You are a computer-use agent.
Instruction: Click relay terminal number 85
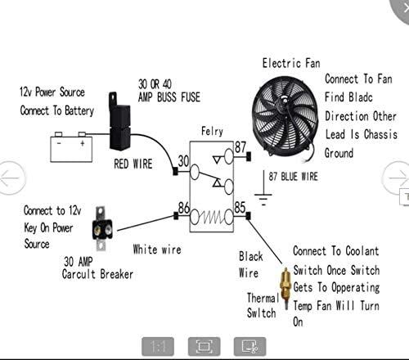pyautogui.click(x=240, y=208)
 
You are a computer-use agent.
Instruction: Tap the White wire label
pyautogui.click(x=157, y=249)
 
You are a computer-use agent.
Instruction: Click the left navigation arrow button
pyautogui.click(x=9, y=178)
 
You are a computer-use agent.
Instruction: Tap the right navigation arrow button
pyautogui.click(x=398, y=177)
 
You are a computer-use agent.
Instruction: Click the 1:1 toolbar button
pyautogui.click(x=159, y=346)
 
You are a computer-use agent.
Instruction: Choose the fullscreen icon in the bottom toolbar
pyautogui.click(x=204, y=346)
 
